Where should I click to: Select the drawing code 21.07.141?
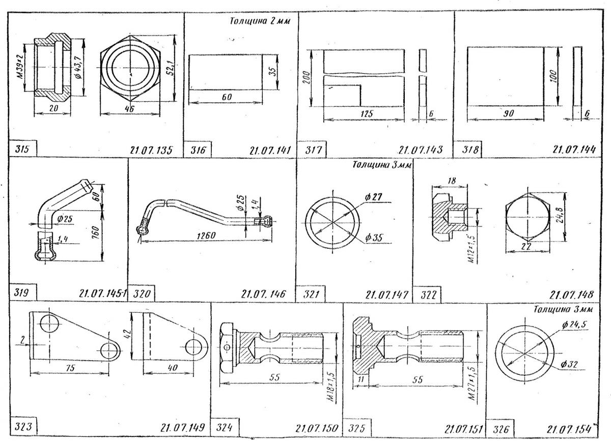pos(269,151)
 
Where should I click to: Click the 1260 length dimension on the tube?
pos(207,235)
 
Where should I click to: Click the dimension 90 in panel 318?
pos(508,114)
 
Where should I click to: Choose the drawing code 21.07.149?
pos(181,428)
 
